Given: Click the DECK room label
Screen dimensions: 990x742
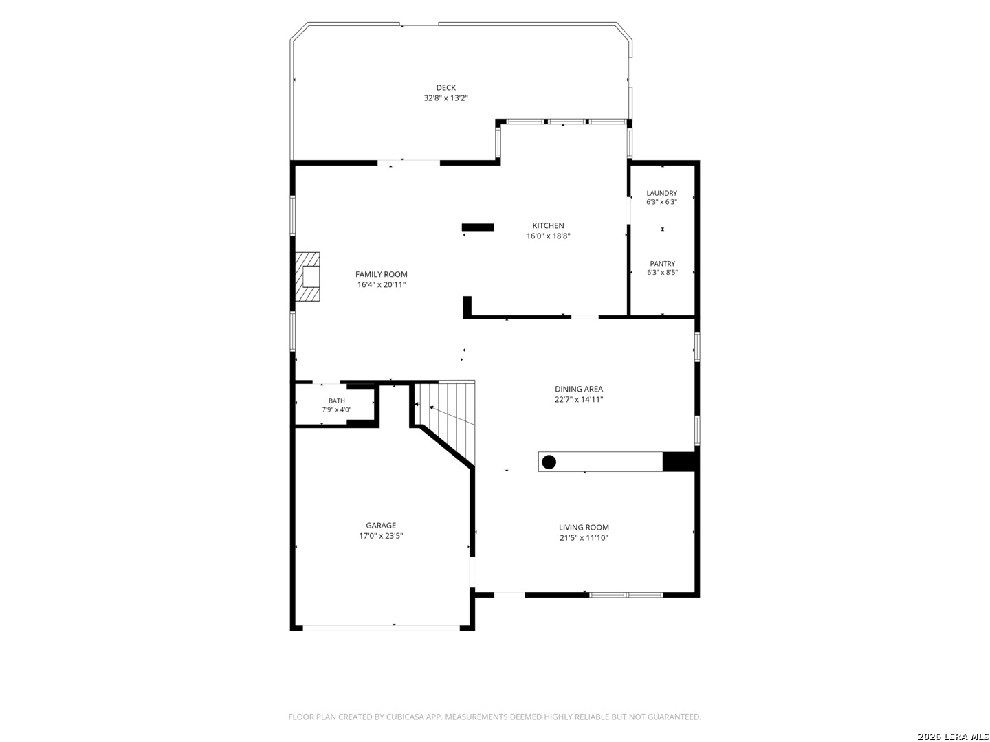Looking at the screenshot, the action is click(x=445, y=87).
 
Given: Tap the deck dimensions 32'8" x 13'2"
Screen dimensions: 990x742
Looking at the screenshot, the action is click(x=445, y=98).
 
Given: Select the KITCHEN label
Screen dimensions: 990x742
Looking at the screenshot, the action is click(x=548, y=225).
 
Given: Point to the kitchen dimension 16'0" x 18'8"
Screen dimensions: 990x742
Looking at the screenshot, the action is click(x=548, y=236).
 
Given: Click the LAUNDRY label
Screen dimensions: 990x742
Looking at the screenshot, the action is click(x=661, y=193).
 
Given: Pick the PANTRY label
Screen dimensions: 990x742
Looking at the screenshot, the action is click(x=662, y=264).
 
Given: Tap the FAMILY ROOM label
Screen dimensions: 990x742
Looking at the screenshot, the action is click(x=381, y=274).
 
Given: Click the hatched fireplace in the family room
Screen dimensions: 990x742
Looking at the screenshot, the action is click(x=307, y=277).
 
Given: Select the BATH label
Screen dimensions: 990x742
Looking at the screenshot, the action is click(x=336, y=401).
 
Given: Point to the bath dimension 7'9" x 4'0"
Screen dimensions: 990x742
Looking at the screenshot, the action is click(x=336, y=409).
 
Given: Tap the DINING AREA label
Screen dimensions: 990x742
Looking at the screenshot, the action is click(x=579, y=389).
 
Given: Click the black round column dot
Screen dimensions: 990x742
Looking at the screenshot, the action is click(x=549, y=462).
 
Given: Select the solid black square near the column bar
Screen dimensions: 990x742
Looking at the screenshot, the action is click(x=679, y=462).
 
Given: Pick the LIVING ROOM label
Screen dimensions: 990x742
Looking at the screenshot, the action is click(x=584, y=527).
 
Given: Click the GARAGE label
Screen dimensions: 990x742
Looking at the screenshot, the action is click(x=381, y=526).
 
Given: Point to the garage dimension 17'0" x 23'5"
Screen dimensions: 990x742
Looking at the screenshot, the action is click(x=381, y=536).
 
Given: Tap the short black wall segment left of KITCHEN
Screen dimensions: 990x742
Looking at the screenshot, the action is click(x=478, y=227).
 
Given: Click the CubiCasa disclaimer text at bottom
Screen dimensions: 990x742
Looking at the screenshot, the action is click(x=495, y=717).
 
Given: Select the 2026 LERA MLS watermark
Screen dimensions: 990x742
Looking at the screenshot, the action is click(x=953, y=736).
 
